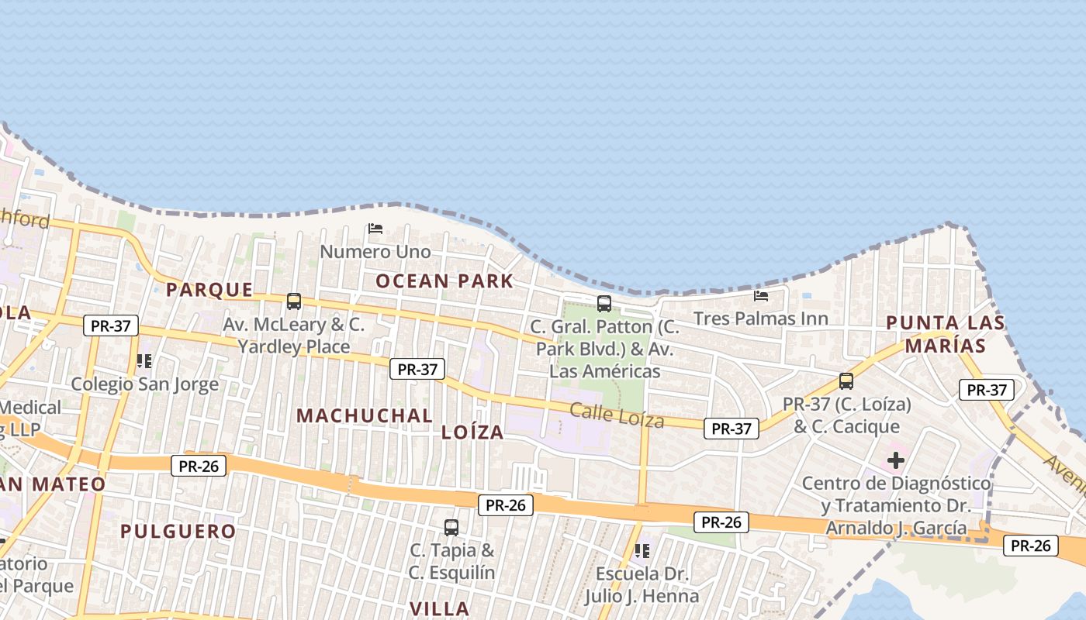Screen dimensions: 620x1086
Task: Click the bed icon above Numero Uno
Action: pyautogui.click(x=375, y=229)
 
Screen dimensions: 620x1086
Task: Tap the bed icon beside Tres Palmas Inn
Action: pyautogui.click(x=761, y=295)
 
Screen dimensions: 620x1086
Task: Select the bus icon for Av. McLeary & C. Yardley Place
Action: pyautogui.click(x=293, y=301)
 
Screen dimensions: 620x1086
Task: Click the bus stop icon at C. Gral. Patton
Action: pyautogui.click(x=604, y=304)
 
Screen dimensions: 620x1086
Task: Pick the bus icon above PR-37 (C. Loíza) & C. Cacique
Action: pyautogui.click(x=846, y=381)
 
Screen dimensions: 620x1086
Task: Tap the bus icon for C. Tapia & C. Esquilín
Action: pyautogui.click(x=451, y=528)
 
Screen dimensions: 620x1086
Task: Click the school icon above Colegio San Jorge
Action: pyautogui.click(x=144, y=361)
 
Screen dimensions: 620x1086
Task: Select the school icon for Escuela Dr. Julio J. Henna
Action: pyautogui.click(x=642, y=551)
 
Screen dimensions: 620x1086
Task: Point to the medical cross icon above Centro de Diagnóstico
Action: pyautogui.click(x=896, y=460)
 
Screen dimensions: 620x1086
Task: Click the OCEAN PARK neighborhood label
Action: pyautogui.click(x=444, y=281)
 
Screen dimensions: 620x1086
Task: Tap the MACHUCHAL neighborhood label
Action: pyautogui.click(x=365, y=415)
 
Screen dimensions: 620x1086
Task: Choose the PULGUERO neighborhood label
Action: pyautogui.click(x=178, y=532)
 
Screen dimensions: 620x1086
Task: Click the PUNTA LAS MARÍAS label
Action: pyautogui.click(x=946, y=334)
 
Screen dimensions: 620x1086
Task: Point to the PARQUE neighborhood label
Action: pyautogui.click(x=209, y=290)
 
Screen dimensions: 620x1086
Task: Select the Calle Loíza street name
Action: pyautogui.click(x=617, y=416)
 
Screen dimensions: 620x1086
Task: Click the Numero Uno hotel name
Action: pyautogui.click(x=375, y=252)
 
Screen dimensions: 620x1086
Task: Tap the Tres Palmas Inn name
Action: pyautogui.click(x=761, y=319)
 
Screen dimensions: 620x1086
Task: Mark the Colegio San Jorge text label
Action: pyautogui.click(x=145, y=384)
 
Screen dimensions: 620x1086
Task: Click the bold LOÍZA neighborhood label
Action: pyautogui.click(x=472, y=432)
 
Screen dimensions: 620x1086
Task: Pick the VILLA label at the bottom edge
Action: pyautogui.click(x=439, y=608)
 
